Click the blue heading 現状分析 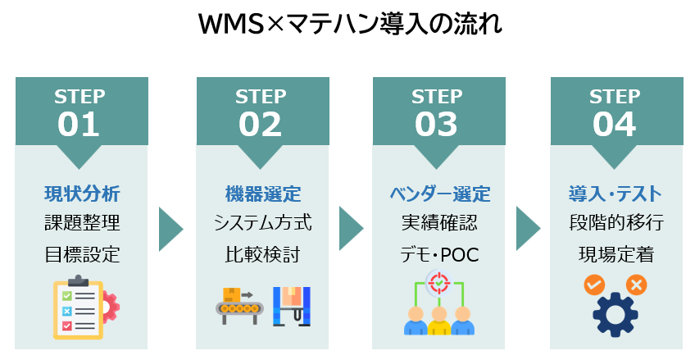[x=82, y=194]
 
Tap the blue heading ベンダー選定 [x=439, y=194]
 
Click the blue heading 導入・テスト [x=616, y=194]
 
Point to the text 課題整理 [x=82, y=223]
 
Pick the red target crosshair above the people [x=439, y=284]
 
